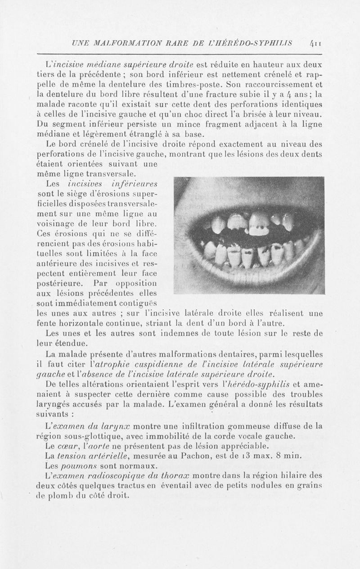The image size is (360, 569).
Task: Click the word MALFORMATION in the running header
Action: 120,43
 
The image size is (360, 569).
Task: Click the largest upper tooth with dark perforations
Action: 259,224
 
